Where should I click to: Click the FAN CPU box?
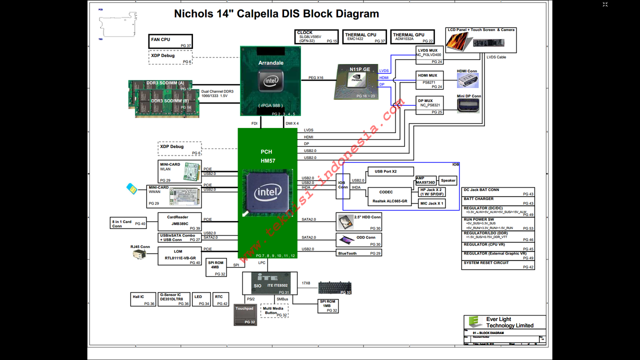(170, 41)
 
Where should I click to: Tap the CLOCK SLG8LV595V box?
(316, 36)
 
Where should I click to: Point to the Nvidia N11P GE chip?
(356, 81)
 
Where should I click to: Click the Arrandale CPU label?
(271, 63)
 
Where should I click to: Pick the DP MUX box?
(429, 105)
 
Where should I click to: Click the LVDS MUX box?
(429, 54)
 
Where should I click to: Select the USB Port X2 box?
(390, 171)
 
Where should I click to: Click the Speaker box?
(448, 180)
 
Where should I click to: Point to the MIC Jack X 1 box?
(431, 203)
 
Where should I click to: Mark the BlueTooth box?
(359, 253)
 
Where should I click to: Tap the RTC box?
(221, 299)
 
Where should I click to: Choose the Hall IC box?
(143, 299)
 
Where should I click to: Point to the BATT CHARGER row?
(498, 201)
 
